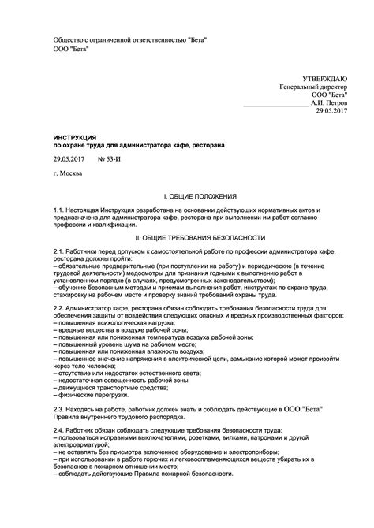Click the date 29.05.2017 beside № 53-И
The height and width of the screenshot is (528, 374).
coord(69,158)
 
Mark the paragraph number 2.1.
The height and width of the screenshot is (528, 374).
coord(59,250)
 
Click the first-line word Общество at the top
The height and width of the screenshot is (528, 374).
coord(68,39)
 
